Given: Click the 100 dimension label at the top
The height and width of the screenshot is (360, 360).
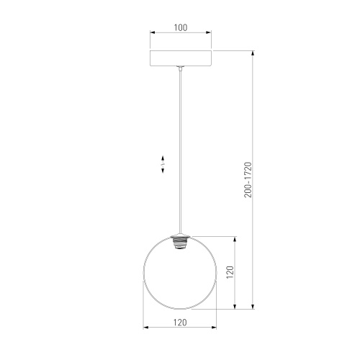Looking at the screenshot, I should click(180, 27).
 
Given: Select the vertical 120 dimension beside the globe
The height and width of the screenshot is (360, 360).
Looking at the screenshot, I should click(230, 274).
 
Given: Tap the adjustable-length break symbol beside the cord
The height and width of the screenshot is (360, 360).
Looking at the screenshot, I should click(163, 164).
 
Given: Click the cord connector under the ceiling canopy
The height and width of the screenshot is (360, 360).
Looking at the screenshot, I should click(180, 69).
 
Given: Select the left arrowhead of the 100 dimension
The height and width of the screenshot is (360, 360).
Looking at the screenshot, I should click(152, 34).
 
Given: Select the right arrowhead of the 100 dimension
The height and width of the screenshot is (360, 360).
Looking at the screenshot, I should click(209, 34).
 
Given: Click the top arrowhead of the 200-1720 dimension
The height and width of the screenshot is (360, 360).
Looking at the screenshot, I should click(253, 53).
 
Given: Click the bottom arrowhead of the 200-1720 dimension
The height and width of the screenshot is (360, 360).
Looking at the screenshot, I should click(253, 307).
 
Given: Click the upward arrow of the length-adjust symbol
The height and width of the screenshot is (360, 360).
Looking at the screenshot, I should click(163, 158).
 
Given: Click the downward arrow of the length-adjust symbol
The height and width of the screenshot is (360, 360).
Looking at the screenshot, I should click(163, 171).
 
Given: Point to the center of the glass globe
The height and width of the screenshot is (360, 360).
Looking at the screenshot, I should click(180, 274).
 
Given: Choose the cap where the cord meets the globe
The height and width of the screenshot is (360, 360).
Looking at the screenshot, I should click(180, 235).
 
